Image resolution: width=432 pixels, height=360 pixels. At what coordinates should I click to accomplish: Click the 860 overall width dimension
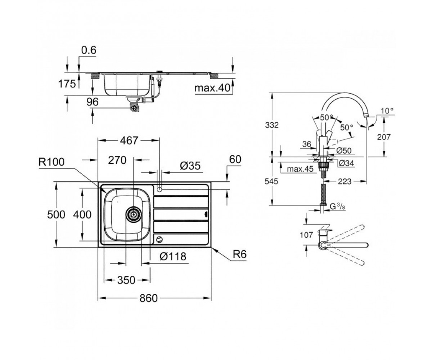pos(149,298)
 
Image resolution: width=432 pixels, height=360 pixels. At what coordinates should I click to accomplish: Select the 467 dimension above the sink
pos(129,140)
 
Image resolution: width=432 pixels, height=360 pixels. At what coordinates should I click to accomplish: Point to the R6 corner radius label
pos(240,254)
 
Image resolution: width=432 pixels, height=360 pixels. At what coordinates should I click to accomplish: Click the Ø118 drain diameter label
pos(173,257)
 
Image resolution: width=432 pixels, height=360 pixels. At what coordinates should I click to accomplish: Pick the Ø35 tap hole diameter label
pos(190,166)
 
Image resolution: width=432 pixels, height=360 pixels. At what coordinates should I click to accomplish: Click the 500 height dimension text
pos(56,214)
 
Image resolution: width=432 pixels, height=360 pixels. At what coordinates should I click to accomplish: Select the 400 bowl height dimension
pos(82,215)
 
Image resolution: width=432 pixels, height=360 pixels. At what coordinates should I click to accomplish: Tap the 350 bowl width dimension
pos(126,280)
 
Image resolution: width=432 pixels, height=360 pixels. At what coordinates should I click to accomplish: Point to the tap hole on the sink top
pos(159,189)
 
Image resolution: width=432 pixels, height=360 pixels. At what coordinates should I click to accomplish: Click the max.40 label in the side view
pos(212,88)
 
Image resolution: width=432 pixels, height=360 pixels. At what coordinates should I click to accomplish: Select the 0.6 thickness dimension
pos(89,50)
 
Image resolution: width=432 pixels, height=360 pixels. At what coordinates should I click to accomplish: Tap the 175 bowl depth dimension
pos(67,84)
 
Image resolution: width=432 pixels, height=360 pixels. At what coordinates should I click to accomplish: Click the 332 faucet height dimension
pos(272,125)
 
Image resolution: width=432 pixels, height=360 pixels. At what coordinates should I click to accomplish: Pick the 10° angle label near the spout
pos(387,111)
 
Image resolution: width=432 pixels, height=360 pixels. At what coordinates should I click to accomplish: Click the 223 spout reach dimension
pos(345,181)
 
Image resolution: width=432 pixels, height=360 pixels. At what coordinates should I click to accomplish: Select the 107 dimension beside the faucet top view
pos(306,235)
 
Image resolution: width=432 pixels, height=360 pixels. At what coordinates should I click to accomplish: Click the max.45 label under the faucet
pos(300,169)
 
